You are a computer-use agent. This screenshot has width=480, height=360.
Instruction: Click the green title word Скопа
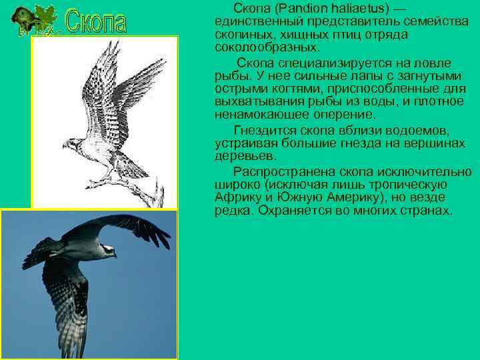coord(97,22)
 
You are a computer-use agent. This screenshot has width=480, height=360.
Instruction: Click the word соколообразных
coord(267,47)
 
